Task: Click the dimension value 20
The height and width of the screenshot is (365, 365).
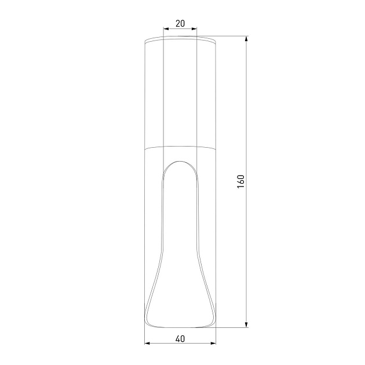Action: (180, 23)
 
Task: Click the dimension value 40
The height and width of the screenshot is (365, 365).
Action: (180, 339)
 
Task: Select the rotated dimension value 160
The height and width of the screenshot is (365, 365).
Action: (242, 181)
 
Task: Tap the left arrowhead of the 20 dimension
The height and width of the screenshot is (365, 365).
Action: (166, 28)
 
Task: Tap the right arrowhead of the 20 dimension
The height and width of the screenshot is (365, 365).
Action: (194, 28)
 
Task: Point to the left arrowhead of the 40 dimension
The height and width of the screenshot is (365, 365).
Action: (147, 344)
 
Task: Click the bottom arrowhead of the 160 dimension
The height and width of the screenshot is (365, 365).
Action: (247, 324)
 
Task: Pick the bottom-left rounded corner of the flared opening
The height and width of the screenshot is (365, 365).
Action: (149, 322)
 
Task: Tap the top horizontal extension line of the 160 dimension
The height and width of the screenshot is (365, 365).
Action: (232, 36)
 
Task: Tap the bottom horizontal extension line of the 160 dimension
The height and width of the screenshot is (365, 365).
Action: (232, 328)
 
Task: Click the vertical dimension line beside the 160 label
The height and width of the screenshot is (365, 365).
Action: (247, 116)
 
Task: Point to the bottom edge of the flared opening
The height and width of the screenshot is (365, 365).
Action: (180, 327)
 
